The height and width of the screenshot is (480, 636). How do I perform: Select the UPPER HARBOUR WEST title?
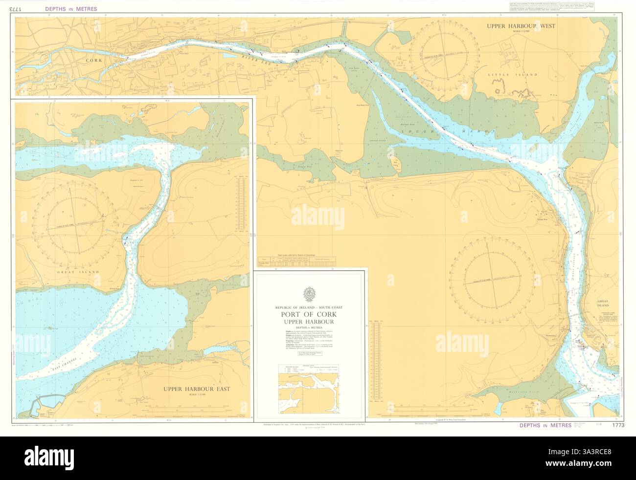(x=521, y=26)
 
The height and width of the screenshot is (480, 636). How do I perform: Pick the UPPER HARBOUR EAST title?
(x=197, y=389)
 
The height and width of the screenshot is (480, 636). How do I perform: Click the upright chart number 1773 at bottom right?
(x=618, y=425)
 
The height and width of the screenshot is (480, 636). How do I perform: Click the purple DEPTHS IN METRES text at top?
(x=71, y=9)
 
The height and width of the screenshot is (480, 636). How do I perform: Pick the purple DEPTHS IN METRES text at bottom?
(x=545, y=425)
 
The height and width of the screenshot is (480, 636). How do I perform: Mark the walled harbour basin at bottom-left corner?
(x=44, y=406)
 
